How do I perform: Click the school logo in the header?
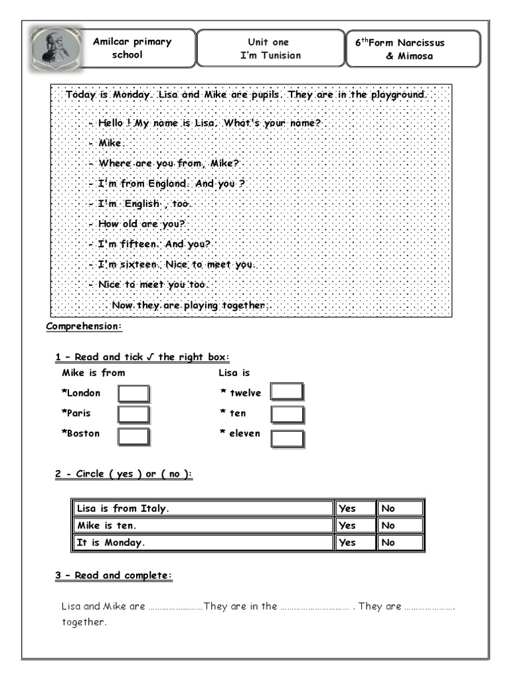pos(56,48)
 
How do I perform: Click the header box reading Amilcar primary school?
pos(132,48)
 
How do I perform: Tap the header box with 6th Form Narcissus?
pos(413,49)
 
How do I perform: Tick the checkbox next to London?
pos(133,394)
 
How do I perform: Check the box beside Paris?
pos(133,414)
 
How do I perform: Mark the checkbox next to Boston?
pos(133,436)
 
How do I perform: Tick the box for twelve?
pos(288,392)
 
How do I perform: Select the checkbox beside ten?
pos(288,414)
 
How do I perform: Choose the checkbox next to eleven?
pos(288,438)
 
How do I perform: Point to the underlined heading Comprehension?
pos(84,327)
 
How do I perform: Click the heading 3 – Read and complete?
pos(114,576)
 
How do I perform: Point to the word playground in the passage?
pos(396,95)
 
